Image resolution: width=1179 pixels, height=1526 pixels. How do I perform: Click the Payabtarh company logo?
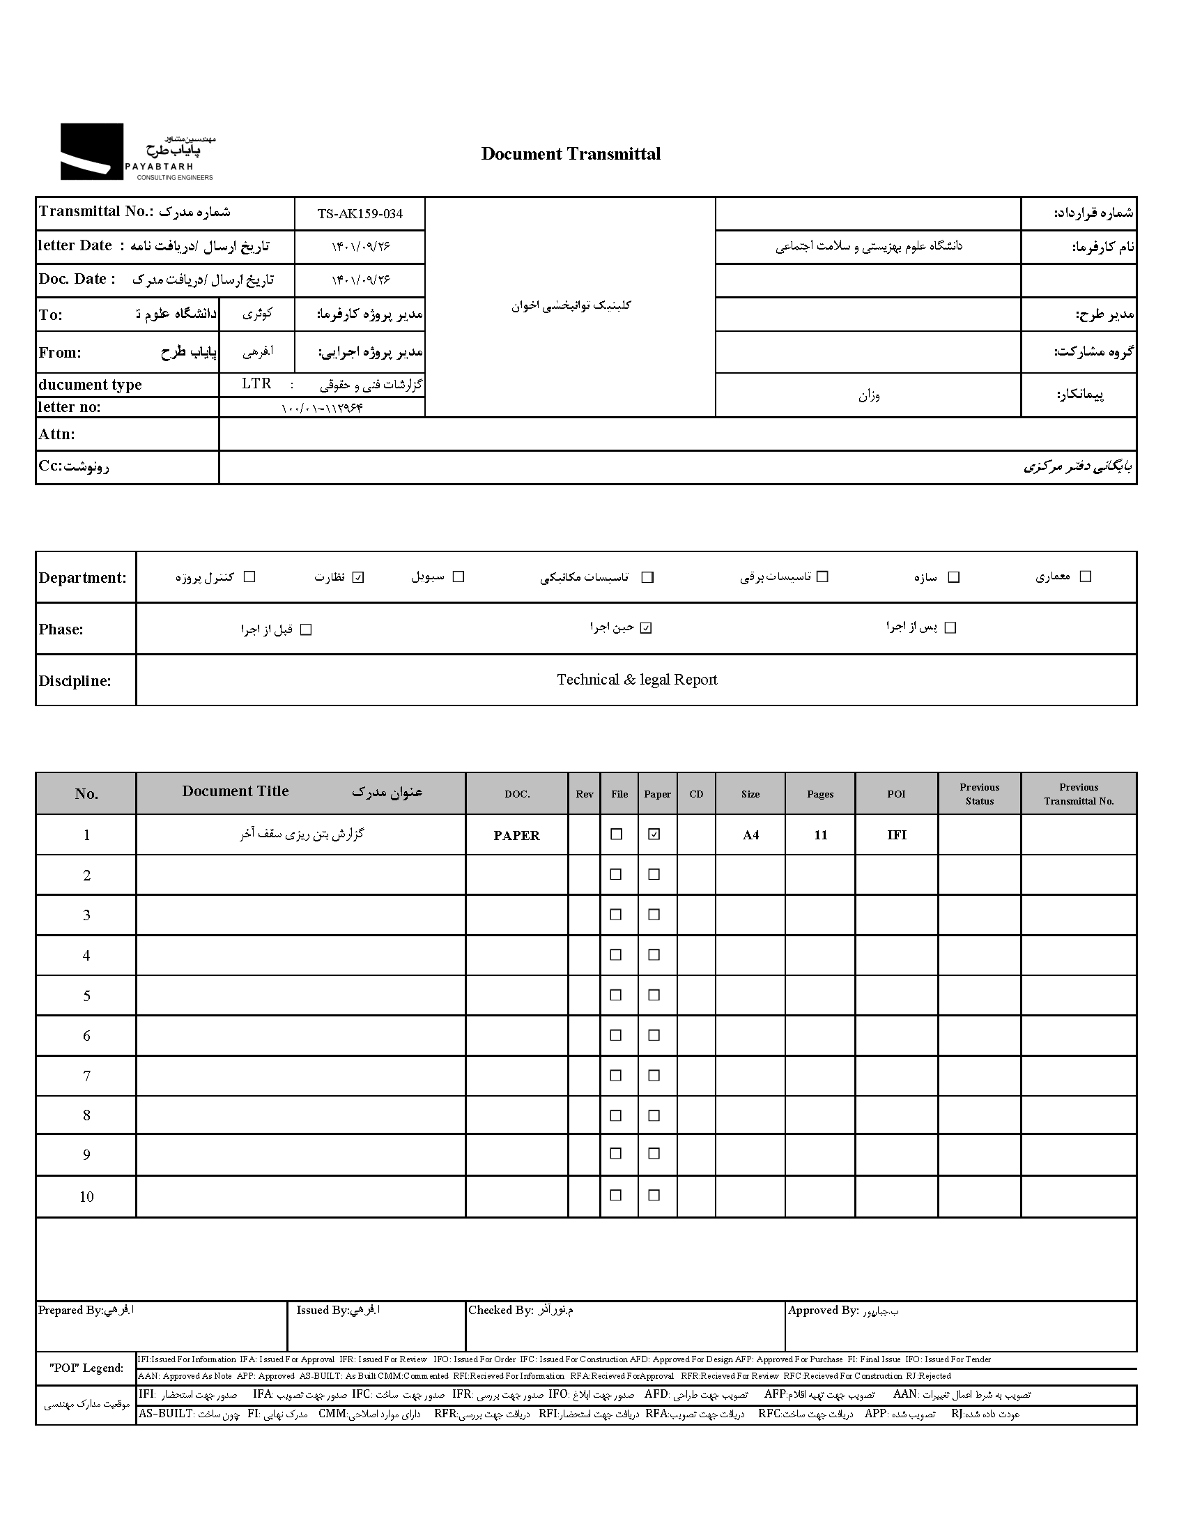pyautogui.click(x=137, y=152)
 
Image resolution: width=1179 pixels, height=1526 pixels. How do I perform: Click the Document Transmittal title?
pyautogui.click(x=570, y=154)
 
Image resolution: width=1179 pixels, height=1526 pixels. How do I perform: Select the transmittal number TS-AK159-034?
pyautogui.click(x=360, y=214)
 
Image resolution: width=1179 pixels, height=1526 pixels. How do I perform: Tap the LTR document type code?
pyautogui.click(x=256, y=383)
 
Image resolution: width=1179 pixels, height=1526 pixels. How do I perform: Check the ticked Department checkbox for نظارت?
pyautogui.click(x=358, y=577)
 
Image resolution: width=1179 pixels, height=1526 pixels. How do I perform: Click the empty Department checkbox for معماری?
pyautogui.click(x=1085, y=577)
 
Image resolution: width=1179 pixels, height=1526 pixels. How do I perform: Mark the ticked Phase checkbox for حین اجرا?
pyautogui.click(x=646, y=627)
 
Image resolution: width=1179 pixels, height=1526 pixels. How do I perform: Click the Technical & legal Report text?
pyautogui.click(x=636, y=680)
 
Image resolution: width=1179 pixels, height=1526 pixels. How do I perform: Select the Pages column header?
pyautogui.click(x=819, y=794)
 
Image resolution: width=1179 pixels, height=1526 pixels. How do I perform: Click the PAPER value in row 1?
pyautogui.click(x=516, y=835)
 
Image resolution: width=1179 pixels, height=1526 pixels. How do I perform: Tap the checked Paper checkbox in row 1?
pyautogui.click(x=654, y=834)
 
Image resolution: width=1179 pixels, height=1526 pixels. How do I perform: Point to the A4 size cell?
pyautogui.click(x=750, y=835)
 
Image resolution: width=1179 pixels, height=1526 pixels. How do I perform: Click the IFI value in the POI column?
pyautogui.click(x=896, y=835)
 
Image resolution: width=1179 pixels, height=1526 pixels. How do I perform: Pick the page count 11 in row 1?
pyautogui.click(x=820, y=835)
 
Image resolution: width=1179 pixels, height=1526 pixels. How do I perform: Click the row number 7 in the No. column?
pyautogui.click(x=86, y=1076)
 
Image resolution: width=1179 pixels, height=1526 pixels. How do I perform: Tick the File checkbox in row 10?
pyautogui.click(x=615, y=1196)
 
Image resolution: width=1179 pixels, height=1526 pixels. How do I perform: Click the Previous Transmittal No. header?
pyautogui.click(x=1079, y=794)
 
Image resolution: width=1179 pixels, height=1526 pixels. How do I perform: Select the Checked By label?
pyautogui.click(x=500, y=1310)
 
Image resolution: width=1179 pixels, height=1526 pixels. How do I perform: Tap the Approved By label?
pyautogui.click(x=823, y=1310)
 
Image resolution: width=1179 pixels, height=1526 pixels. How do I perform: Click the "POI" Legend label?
pyautogui.click(x=86, y=1368)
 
